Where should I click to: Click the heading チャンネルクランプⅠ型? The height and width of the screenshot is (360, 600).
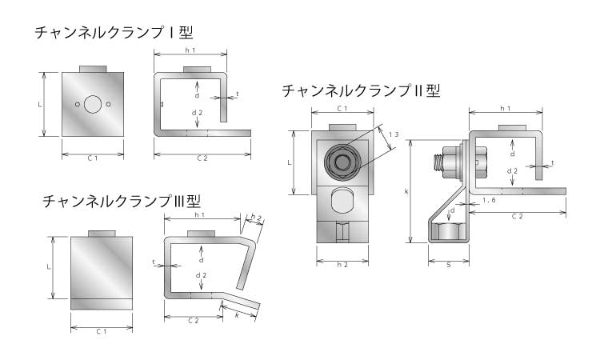tap(114, 33)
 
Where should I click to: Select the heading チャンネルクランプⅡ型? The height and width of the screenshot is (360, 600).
tap(361, 90)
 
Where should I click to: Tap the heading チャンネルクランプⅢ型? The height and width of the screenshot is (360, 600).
tap(122, 200)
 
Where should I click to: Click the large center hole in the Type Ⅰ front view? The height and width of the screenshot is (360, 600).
tap(93, 104)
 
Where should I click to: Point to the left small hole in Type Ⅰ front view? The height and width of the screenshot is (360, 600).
tap(77, 104)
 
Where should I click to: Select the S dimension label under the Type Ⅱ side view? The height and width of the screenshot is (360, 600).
tap(448, 263)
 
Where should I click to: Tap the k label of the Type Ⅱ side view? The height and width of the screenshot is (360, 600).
tap(406, 193)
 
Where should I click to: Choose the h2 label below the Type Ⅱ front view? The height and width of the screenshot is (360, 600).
tap(342, 263)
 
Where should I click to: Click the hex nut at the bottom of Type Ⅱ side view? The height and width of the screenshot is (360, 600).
tap(448, 233)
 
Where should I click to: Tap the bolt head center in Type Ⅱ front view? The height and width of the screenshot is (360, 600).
tap(342, 162)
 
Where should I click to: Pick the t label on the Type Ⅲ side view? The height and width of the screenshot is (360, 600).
tap(153, 262)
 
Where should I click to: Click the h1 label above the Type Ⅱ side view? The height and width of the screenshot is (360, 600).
tap(505, 109)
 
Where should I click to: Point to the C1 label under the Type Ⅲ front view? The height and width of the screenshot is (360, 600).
tap(102, 330)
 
